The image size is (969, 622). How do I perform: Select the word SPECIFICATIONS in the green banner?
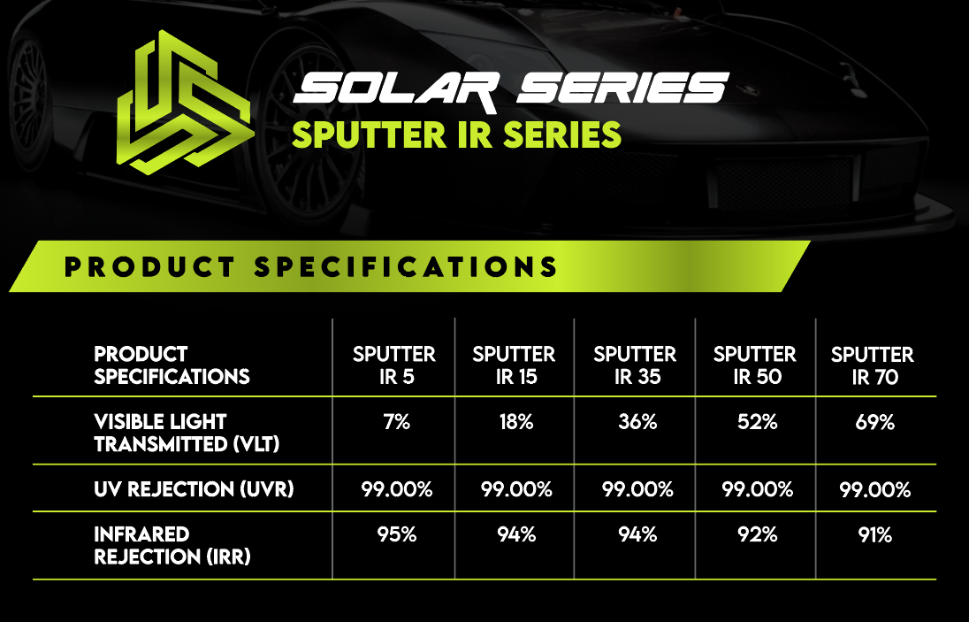(406, 267)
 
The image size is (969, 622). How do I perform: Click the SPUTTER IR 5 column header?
(394, 365)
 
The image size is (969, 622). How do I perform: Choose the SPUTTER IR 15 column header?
(515, 365)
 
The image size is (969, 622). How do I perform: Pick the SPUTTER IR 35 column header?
(636, 365)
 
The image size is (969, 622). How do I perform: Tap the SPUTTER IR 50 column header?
(755, 365)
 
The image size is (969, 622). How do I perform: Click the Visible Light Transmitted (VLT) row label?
(187, 433)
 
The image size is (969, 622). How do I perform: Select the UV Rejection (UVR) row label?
(194, 489)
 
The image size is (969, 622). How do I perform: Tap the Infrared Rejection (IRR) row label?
(172, 546)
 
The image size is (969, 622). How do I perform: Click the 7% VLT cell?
(397, 422)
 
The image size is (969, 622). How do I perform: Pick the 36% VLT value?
(637, 422)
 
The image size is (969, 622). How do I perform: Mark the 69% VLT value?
(875, 422)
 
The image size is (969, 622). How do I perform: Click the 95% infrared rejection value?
(397, 534)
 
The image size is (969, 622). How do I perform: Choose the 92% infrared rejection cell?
(758, 534)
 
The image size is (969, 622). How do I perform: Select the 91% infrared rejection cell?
(875, 534)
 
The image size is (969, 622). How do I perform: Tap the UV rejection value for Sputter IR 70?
(875, 489)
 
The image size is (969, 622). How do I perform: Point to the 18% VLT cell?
(516, 422)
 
